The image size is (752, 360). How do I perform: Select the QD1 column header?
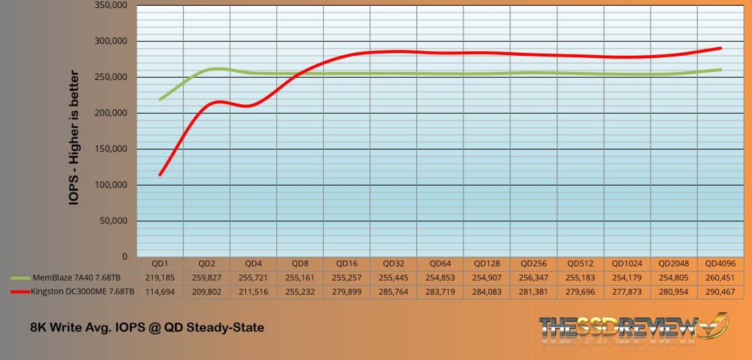[x=159, y=263]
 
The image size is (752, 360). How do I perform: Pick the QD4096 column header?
[x=720, y=263]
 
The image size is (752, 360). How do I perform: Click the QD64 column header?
[x=440, y=263]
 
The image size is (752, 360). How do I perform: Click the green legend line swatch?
[x=21, y=278]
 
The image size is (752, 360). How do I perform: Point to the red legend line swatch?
[x=21, y=292]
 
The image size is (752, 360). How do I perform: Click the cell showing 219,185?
[x=159, y=278]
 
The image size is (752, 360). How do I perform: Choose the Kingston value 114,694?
[x=159, y=292]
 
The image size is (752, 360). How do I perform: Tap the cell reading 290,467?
[x=720, y=292]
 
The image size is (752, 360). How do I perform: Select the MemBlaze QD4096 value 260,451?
[x=720, y=278]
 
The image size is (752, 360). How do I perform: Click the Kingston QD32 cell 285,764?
[x=393, y=292]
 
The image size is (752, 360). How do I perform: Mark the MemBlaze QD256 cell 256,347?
[x=533, y=278]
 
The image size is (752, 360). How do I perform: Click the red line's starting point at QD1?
[x=160, y=174]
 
